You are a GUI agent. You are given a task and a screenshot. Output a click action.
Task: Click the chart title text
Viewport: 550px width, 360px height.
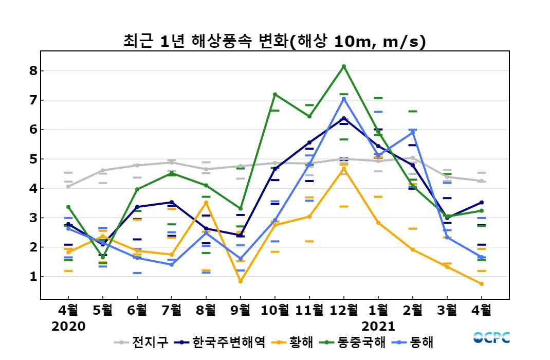274,42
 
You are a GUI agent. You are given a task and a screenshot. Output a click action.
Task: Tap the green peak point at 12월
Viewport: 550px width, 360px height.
344,66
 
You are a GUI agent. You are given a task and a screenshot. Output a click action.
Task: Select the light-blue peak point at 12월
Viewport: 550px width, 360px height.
344,99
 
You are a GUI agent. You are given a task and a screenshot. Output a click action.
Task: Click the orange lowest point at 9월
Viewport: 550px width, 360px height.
240,281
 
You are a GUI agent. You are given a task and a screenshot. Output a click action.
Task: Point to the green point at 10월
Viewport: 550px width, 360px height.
275,94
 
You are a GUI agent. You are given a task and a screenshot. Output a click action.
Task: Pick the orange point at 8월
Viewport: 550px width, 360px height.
206,203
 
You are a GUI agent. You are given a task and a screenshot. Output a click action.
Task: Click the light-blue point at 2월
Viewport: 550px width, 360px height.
413,132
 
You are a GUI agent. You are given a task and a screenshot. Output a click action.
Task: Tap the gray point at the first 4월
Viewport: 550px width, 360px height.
68,186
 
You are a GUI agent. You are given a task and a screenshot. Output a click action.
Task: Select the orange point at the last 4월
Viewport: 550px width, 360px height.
482,284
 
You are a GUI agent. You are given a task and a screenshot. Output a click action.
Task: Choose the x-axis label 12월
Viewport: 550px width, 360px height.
343,310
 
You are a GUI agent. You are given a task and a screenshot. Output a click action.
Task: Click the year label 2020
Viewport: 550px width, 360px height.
68,326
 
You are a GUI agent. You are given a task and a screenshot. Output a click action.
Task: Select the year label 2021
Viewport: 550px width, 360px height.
378,326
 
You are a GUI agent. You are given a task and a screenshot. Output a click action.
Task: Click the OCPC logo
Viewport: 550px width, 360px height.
491,337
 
